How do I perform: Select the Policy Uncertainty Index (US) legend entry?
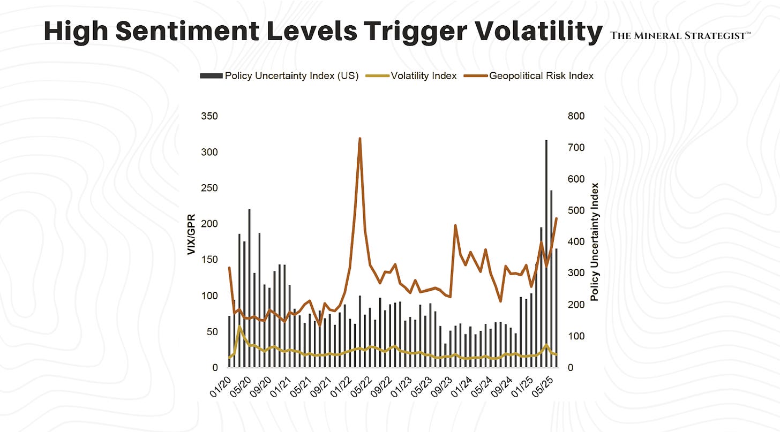coord(279,75)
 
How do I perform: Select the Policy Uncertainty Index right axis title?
coord(594,241)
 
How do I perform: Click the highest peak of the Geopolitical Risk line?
coord(359,139)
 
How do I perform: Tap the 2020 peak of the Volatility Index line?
coord(239,327)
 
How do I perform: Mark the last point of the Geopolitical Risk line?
coord(556,218)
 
